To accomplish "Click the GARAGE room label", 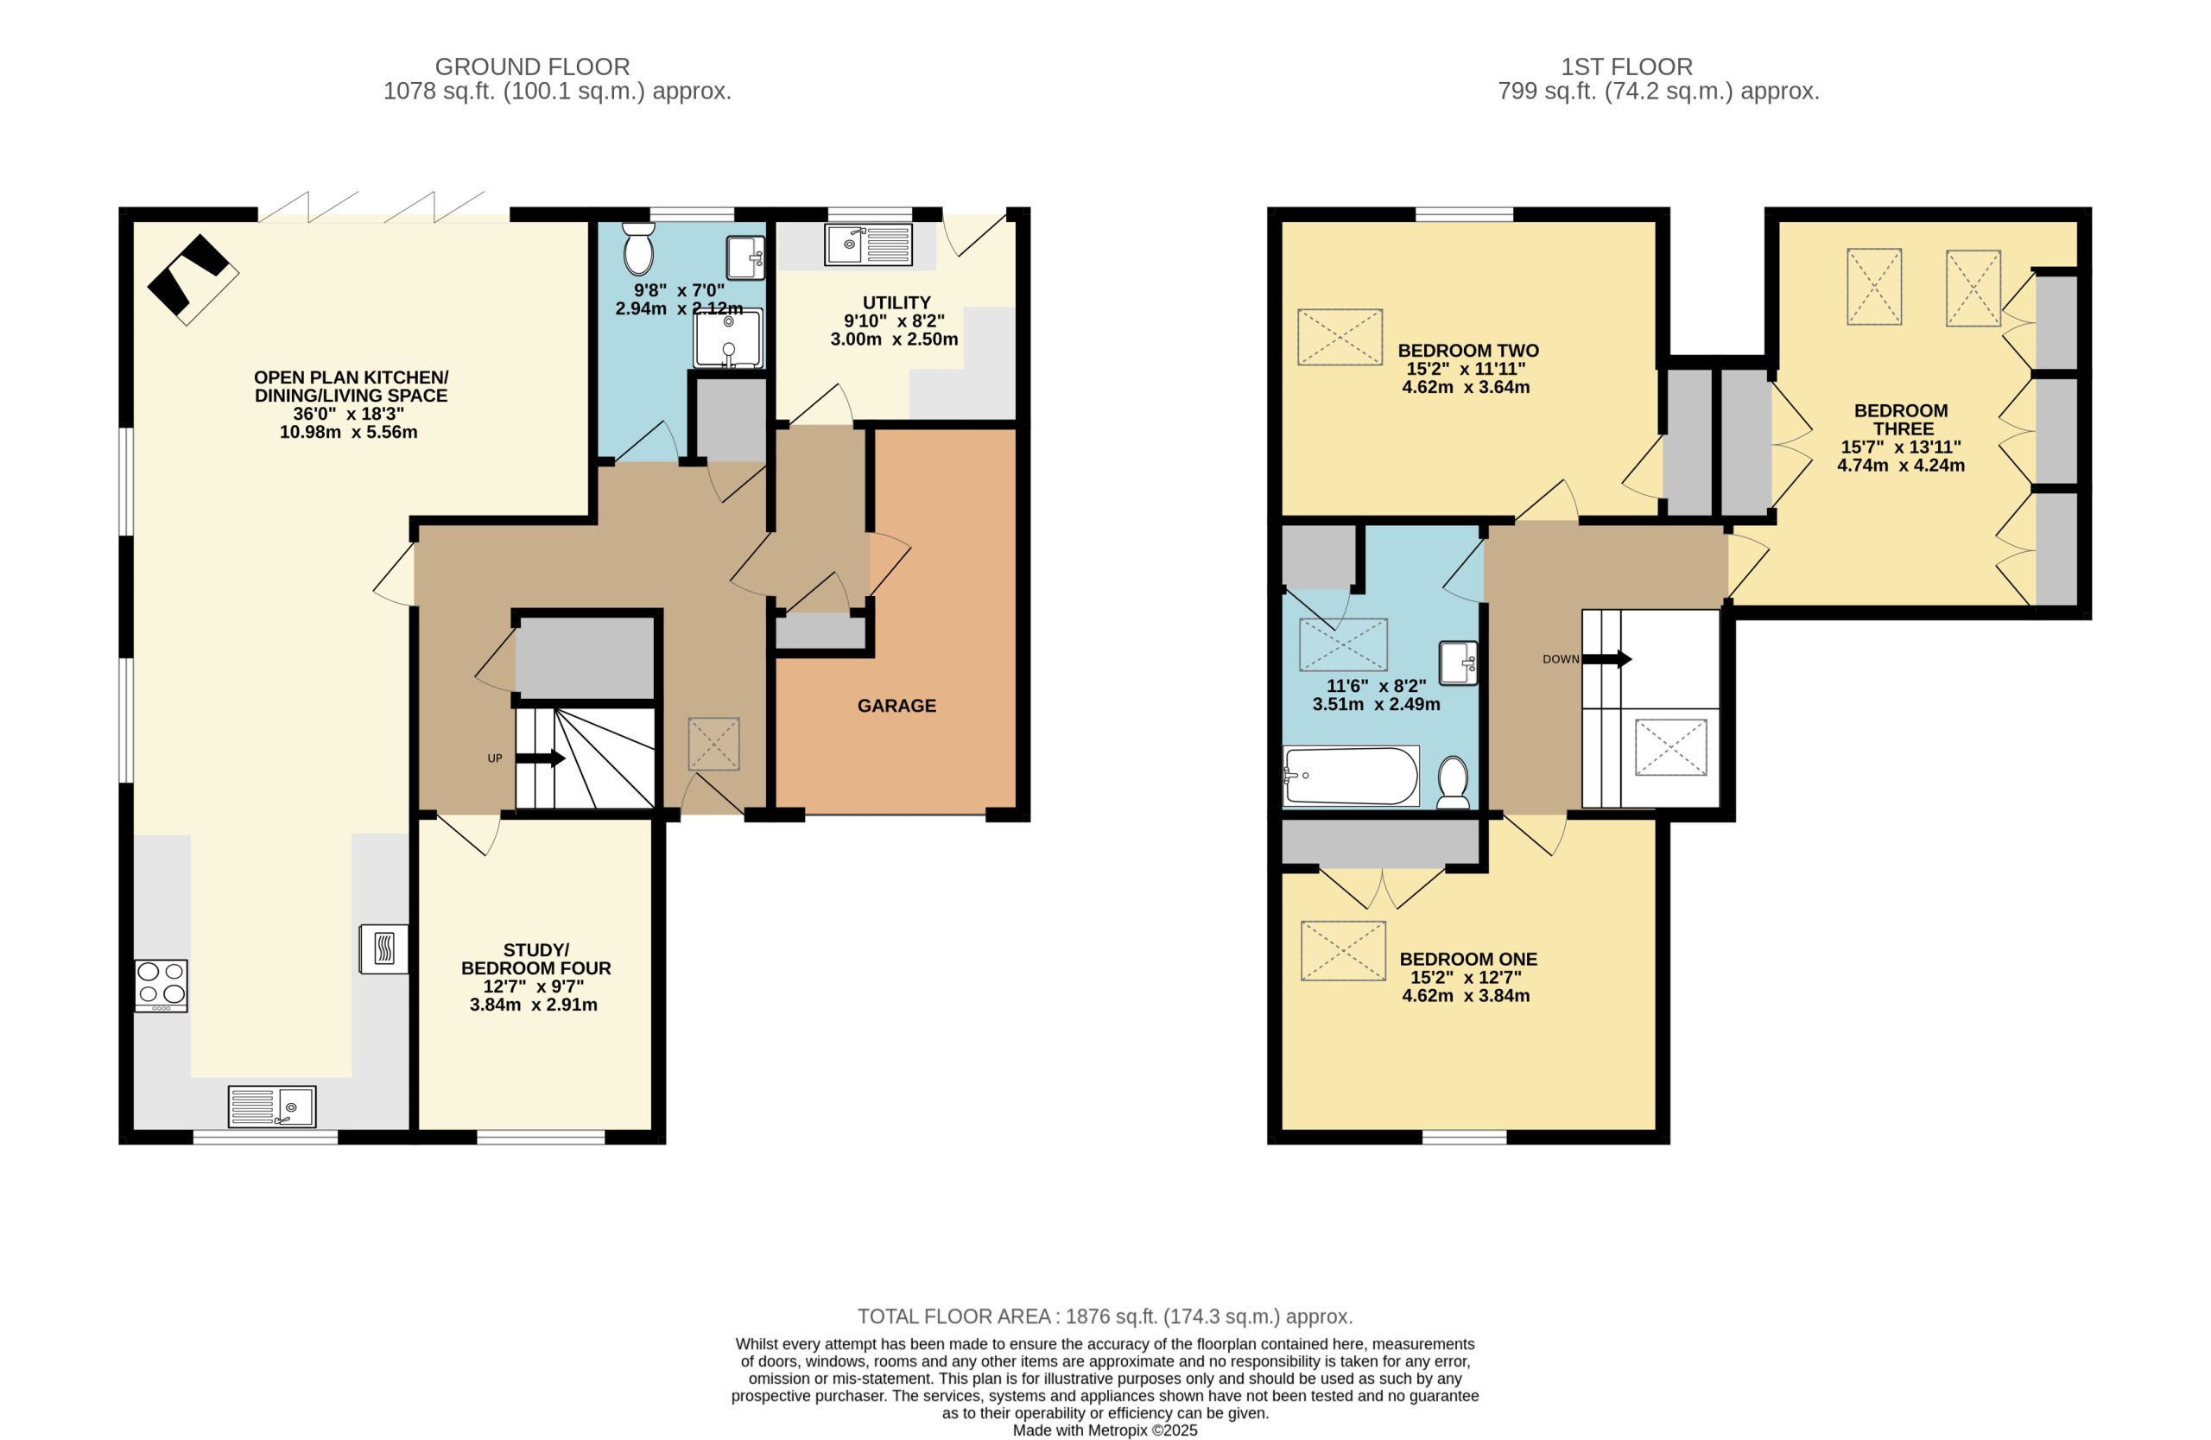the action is [x=896, y=706].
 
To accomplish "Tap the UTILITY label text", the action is [x=896, y=303].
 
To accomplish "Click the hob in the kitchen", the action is [x=161, y=986].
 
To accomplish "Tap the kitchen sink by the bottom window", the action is [x=272, y=1107].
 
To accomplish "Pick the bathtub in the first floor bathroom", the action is [x=1352, y=776].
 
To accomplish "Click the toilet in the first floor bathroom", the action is [x=1453, y=783].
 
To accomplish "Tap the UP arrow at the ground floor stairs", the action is [x=540, y=758].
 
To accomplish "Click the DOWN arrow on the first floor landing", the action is [x=1607, y=660].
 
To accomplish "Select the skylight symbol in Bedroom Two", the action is [x=1340, y=337].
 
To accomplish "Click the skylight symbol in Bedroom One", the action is [x=1343, y=950].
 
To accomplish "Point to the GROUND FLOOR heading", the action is [x=532, y=67].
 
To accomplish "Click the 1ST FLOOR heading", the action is [x=1626, y=67].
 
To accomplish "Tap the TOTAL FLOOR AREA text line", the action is [x=1105, y=1316].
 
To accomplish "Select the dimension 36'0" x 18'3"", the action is [x=348, y=415].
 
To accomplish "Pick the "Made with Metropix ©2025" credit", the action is [x=1105, y=1430].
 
